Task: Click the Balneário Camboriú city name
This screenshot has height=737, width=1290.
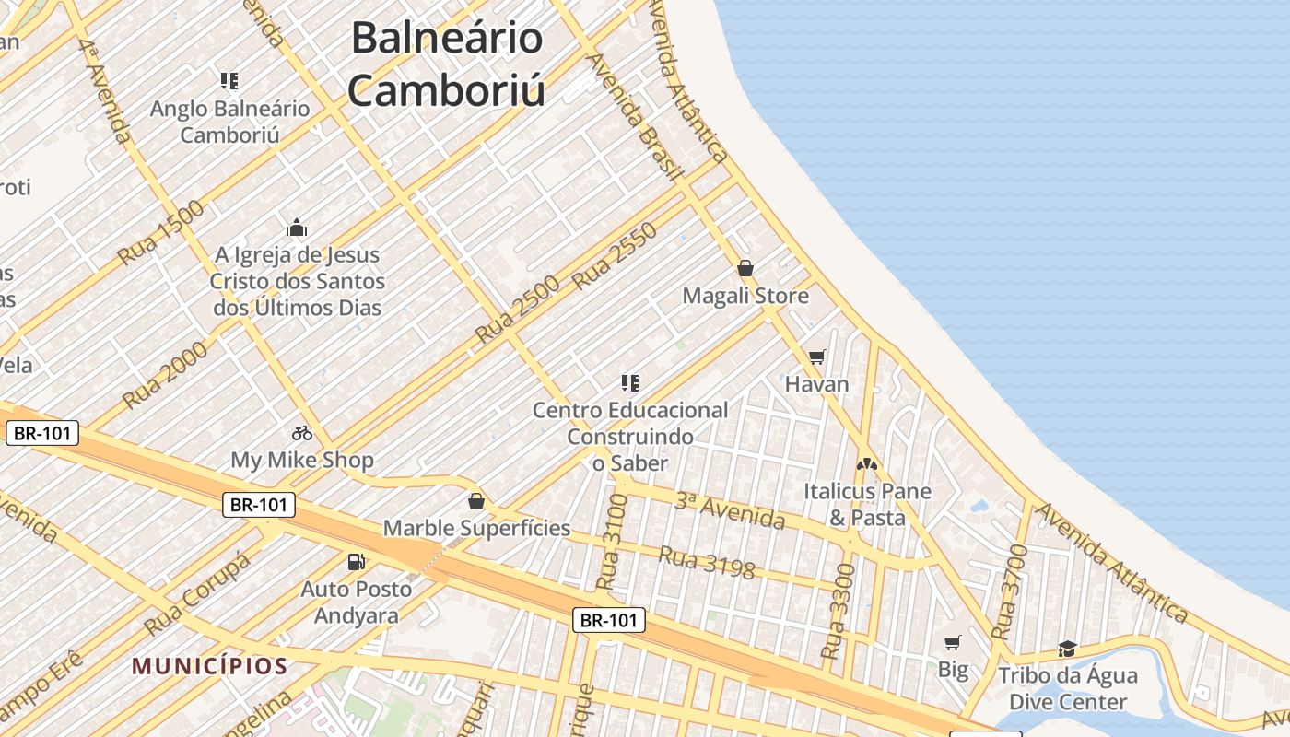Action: [x=447, y=64]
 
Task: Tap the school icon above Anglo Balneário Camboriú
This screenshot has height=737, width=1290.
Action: [x=229, y=81]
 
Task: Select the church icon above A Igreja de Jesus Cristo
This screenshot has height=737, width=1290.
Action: [x=297, y=228]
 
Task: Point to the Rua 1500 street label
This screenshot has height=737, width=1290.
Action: [x=161, y=233]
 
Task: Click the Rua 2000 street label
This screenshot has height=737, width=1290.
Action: [x=165, y=372]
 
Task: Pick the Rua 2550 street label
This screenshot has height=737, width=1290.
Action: [x=615, y=256]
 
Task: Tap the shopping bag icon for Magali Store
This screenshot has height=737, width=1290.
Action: [x=745, y=268]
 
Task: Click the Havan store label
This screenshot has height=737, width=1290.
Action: [x=816, y=384]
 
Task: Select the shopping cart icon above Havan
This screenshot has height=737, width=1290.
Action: [x=816, y=357]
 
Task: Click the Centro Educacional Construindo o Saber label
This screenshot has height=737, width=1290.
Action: [x=630, y=436]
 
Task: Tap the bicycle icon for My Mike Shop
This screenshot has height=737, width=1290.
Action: [x=302, y=432]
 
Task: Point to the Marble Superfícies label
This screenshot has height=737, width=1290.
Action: [x=476, y=529]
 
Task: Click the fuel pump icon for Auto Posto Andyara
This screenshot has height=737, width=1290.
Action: [x=356, y=561]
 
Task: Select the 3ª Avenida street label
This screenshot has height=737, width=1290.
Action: [x=730, y=511]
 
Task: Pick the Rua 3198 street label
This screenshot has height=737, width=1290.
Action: [x=707, y=563]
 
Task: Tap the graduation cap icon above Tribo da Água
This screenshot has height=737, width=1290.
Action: [x=1067, y=649]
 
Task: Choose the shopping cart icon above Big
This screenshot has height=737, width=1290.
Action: [x=953, y=642]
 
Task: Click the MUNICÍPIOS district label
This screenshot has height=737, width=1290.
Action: [x=210, y=665]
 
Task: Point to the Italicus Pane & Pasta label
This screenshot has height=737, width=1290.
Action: [x=867, y=504]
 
